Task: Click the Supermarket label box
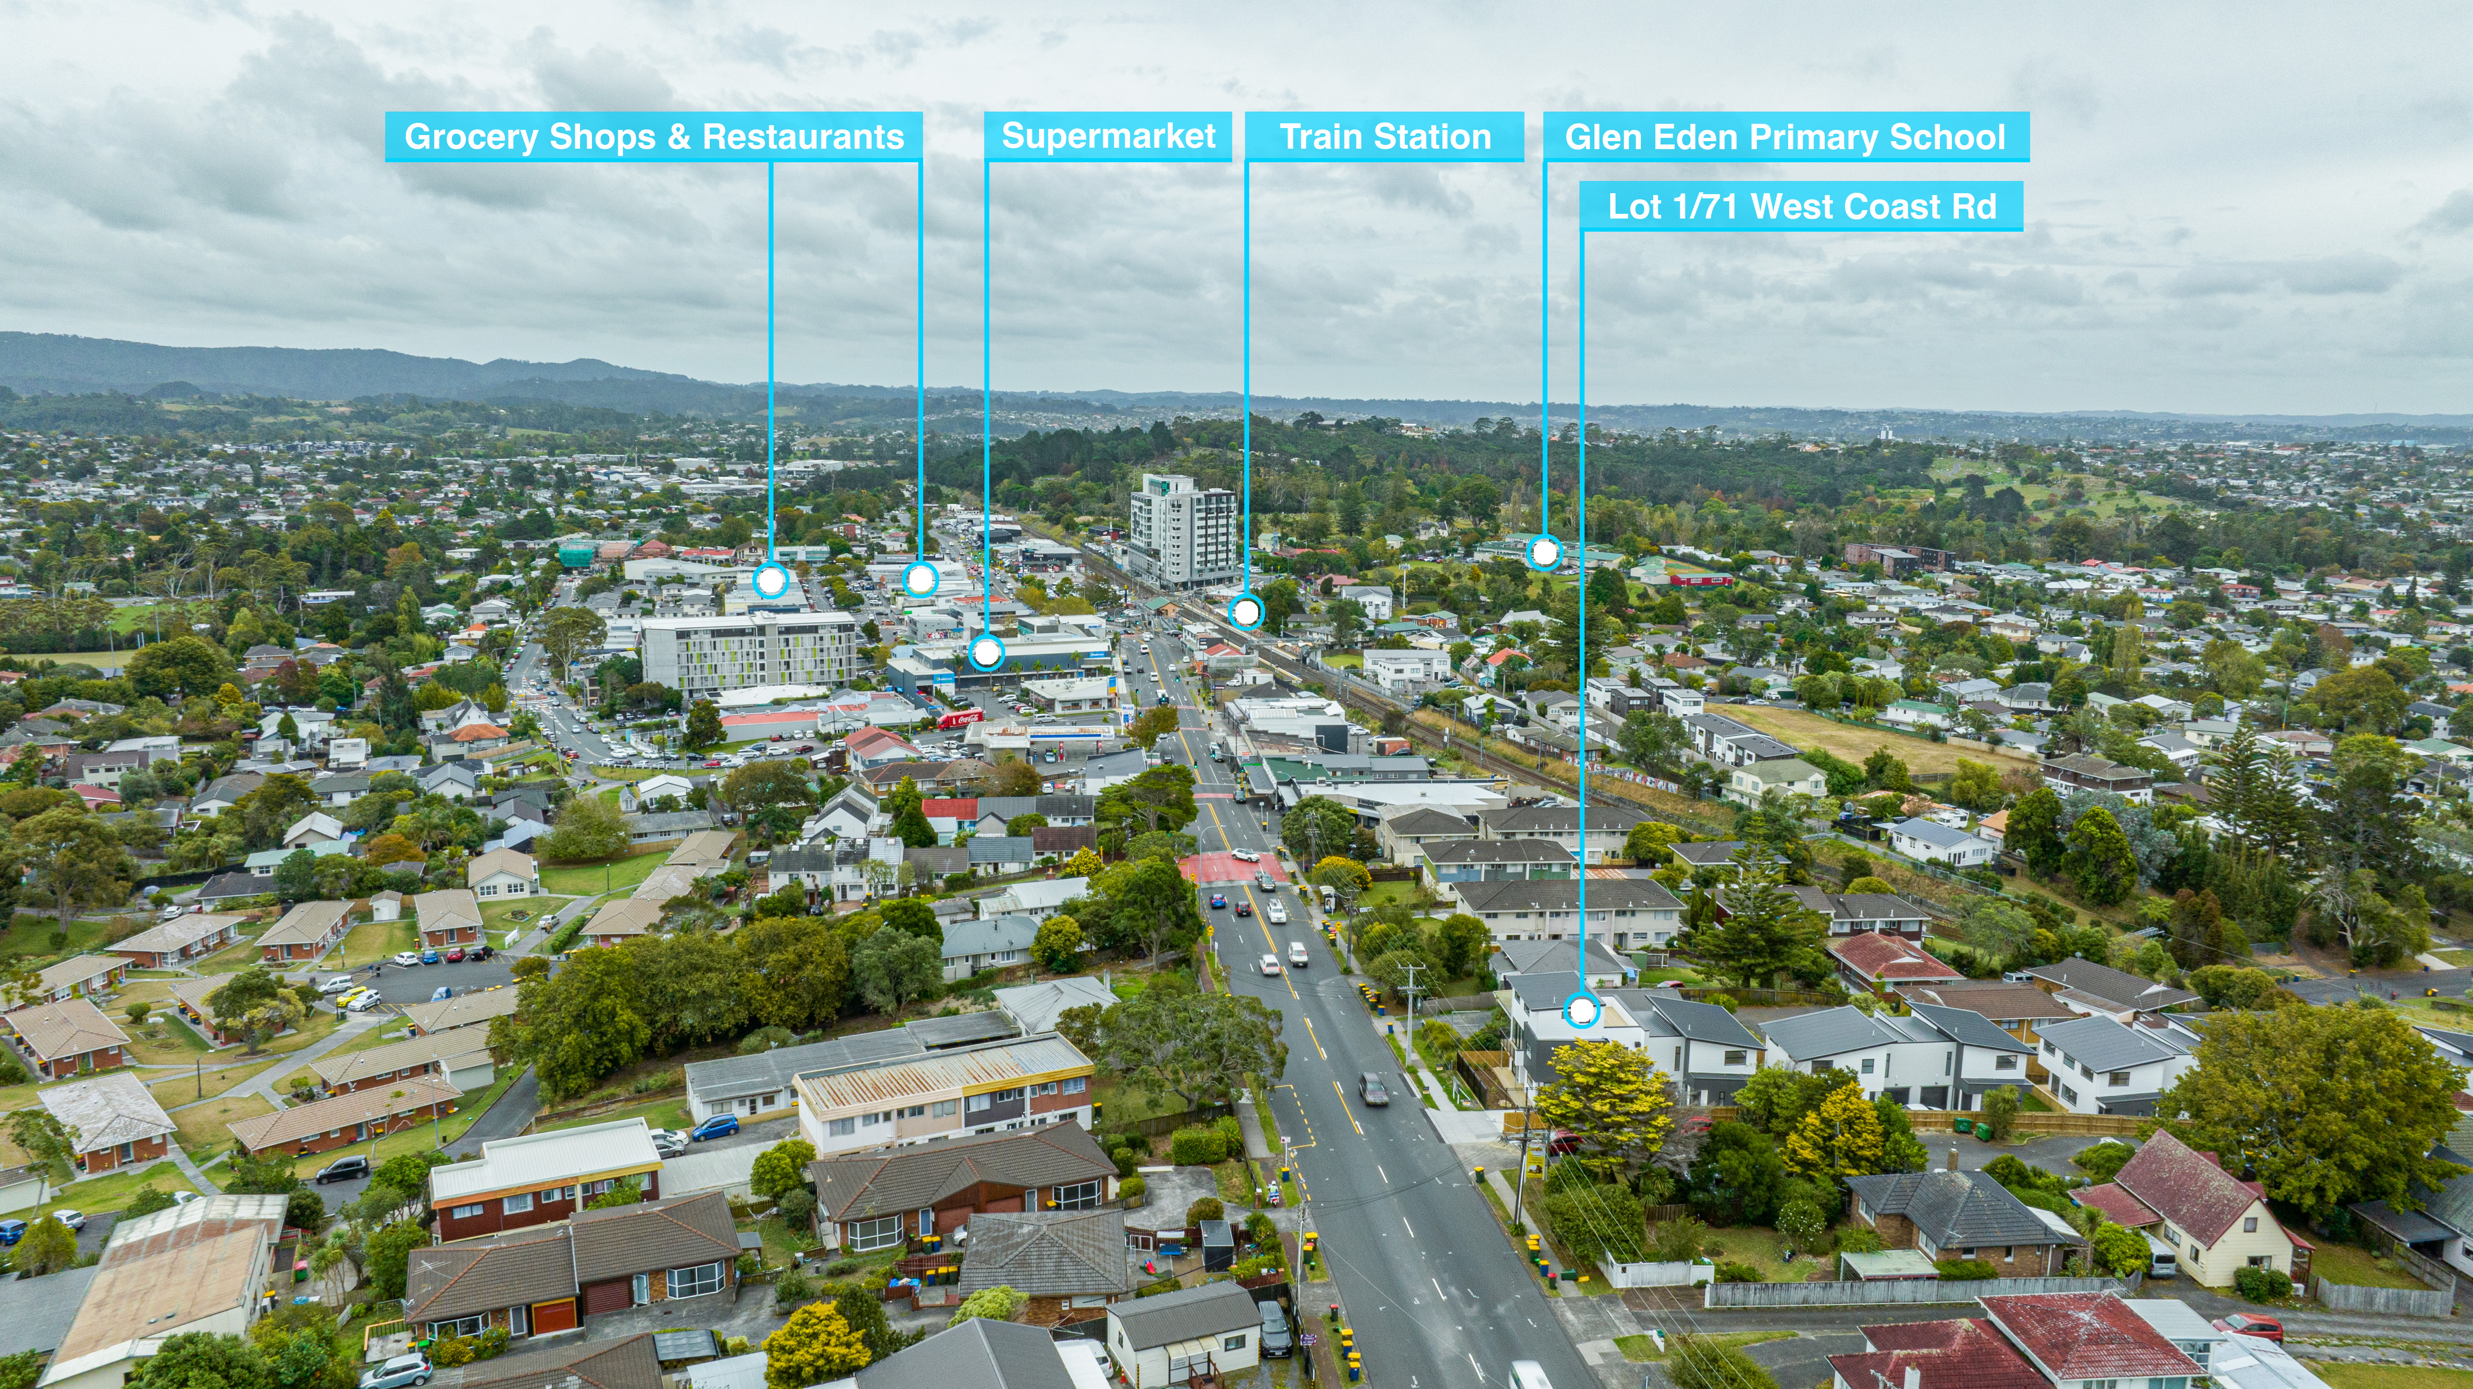(1108, 136)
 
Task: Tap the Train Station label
(1384, 136)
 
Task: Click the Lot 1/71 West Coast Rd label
(1801, 206)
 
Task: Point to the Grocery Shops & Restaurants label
(654, 136)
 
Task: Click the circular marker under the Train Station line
(1246, 611)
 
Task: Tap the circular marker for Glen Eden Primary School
(1544, 552)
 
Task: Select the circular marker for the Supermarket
(986, 653)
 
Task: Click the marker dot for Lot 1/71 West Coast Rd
(1580, 1010)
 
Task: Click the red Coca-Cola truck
(960, 719)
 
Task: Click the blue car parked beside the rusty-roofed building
(715, 1127)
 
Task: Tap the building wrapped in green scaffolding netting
(578, 554)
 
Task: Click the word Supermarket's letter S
(1012, 136)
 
